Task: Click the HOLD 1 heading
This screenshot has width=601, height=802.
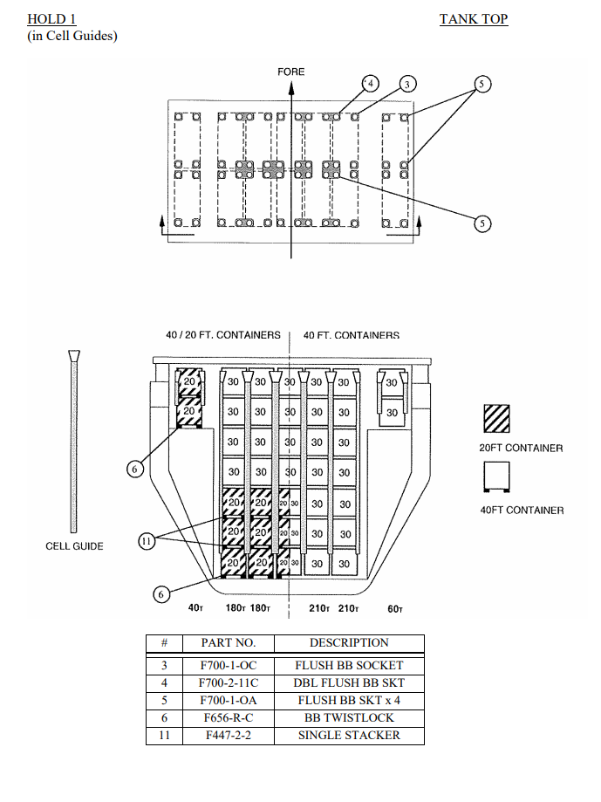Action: [x=51, y=19]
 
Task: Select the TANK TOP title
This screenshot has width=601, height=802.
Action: [x=473, y=19]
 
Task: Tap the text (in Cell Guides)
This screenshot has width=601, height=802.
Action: [x=72, y=35]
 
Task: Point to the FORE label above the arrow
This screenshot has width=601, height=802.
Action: [x=291, y=72]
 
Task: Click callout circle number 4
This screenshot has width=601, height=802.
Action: [x=371, y=84]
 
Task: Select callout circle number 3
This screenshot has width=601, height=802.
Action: [x=406, y=84]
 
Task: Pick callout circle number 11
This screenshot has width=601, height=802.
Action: [x=147, y=541]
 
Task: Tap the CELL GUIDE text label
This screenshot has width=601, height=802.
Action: [x=74, y=546]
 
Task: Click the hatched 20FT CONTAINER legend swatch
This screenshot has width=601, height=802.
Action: [x=497, y=419]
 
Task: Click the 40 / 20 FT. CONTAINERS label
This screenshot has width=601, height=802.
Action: [x=223, y=335]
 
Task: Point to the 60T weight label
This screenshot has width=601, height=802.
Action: [x=394, y=609]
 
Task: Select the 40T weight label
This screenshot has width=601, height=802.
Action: [x=195, y=609]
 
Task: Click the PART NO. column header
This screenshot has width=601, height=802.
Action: [x=229, y=643]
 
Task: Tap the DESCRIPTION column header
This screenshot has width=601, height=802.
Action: [x=349, y=643]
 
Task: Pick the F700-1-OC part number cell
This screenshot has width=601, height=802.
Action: [x=229, y=666]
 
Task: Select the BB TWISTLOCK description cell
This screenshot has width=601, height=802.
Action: [x=349, y=718]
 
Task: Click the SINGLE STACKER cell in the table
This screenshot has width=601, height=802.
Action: [x=349, y=736]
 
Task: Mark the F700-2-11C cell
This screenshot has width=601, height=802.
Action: [x=229, y=683]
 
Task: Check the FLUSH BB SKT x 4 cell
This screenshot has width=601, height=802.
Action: [x=349, y=701]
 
